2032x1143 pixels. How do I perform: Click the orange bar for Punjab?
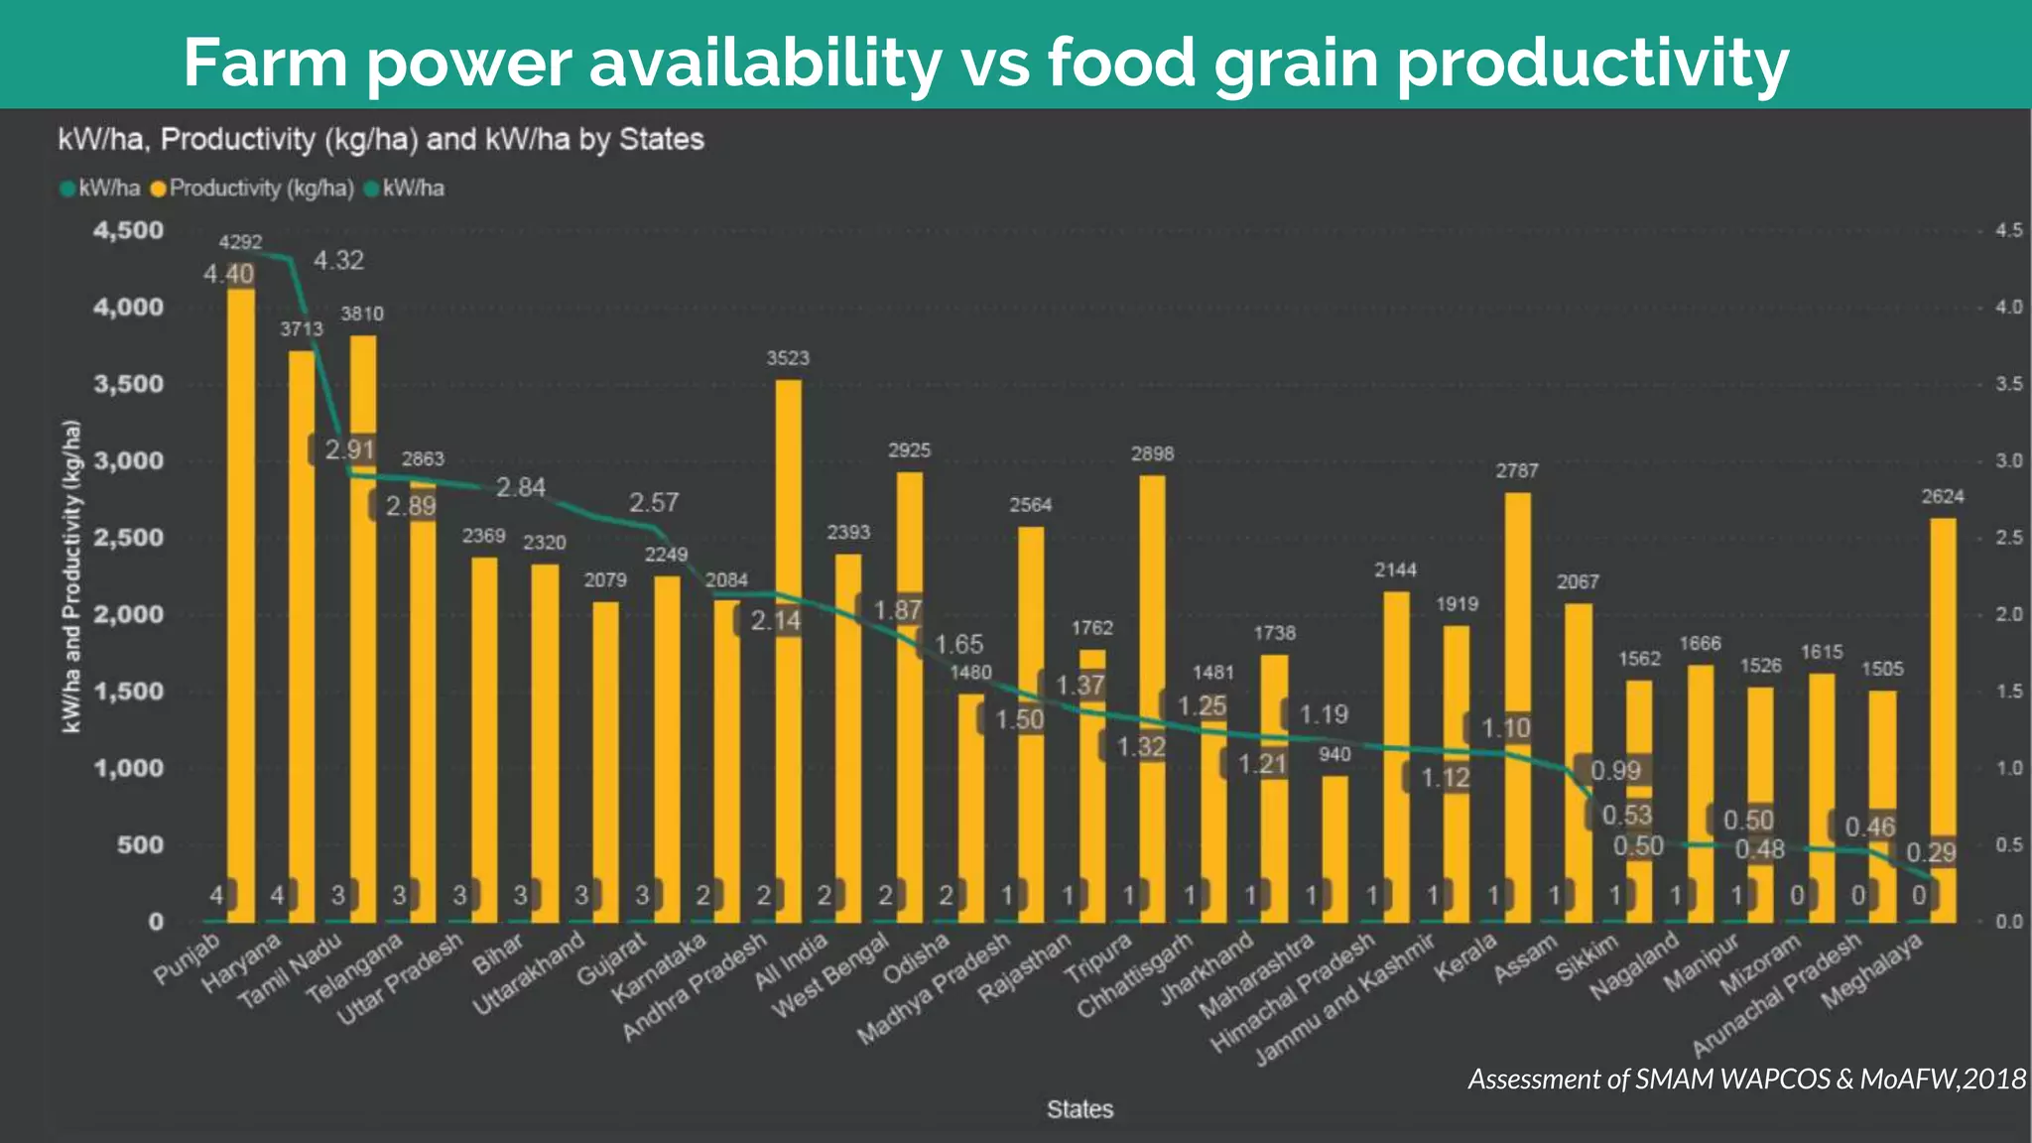click(x=241, y=595)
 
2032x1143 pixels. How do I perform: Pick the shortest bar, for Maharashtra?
click(x=1335, y=843)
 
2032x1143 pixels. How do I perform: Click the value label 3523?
click(x=788, y=358)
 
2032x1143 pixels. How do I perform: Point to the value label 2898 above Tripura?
click(x=1152, y=453)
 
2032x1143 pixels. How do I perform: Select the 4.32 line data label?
click(x=338, y=261)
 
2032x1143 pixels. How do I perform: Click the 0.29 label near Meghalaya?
click(x=1931, y=852)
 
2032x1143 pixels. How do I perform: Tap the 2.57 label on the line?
click(x=654, y=502)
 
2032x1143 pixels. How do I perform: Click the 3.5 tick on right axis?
click(x=2008, y=384)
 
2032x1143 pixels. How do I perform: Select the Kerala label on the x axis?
click(x=1467, y=958)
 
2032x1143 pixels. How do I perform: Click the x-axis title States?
click(x=1079, y=1109)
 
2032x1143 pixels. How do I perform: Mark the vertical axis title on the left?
click(x=71, y=576)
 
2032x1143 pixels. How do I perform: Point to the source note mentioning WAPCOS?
click(x=1746, y=1079)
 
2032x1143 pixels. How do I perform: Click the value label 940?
click(x=1334, y=754)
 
